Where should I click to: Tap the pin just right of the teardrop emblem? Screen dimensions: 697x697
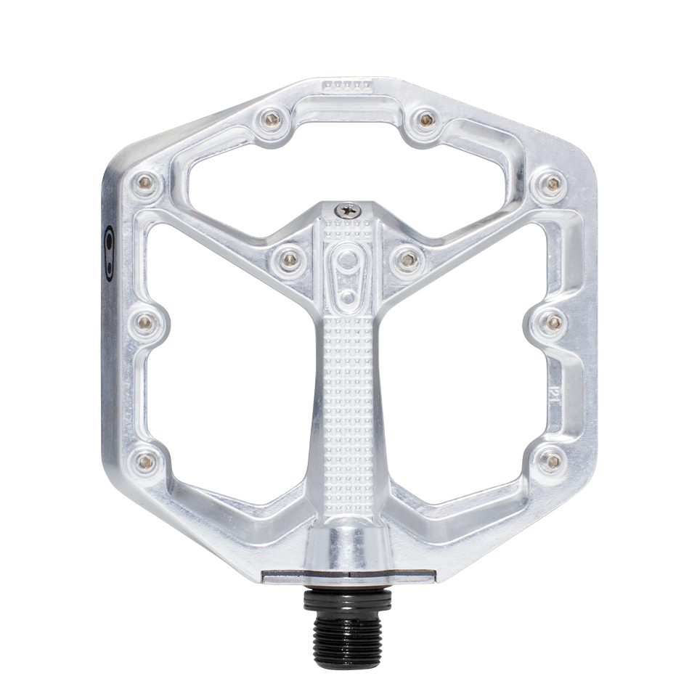pyautogui.click(x=407, y=257)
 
